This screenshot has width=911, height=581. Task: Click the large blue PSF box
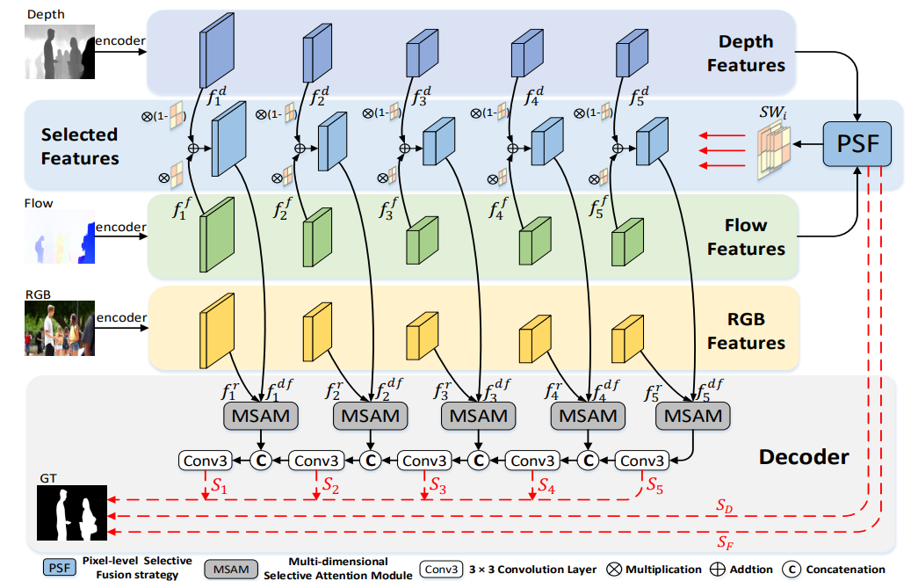click(x=857, y=143)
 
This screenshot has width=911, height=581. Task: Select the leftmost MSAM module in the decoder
click(x=261, y=416)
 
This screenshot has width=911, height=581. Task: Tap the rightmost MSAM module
click(x=692, y=416)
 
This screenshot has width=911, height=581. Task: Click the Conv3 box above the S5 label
click(x=642, y=461)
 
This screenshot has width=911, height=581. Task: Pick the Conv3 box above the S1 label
click(x=205, y=461)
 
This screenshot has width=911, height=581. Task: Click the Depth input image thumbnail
click(x=59, y=51)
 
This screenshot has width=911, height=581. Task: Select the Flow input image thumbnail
click(x=59, y=236)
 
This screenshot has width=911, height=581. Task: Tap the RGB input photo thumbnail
click(x=59, y=328)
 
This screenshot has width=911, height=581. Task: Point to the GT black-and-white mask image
click(x=72, y=513)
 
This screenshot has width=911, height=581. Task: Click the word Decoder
click(x=804, y=457)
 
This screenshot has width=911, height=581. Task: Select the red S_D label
click(x=724, y=506)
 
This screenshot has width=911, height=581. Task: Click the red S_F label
click(x=725, y=542)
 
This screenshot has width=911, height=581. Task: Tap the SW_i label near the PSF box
click(x=773, y=112)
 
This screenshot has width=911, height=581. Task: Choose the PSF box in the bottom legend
click(x=59, y=568)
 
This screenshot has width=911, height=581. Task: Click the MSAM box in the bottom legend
click(x=231, y=570)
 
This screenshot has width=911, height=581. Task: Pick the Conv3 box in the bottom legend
click(x=442, y=570)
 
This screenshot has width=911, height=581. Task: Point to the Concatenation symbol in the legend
click(x=792, y=570)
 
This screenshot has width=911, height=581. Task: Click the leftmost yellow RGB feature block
click(x=217, y=330)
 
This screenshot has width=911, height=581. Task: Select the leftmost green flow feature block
click(x=217, y=235)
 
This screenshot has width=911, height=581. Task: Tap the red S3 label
click(x=437, y=485)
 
